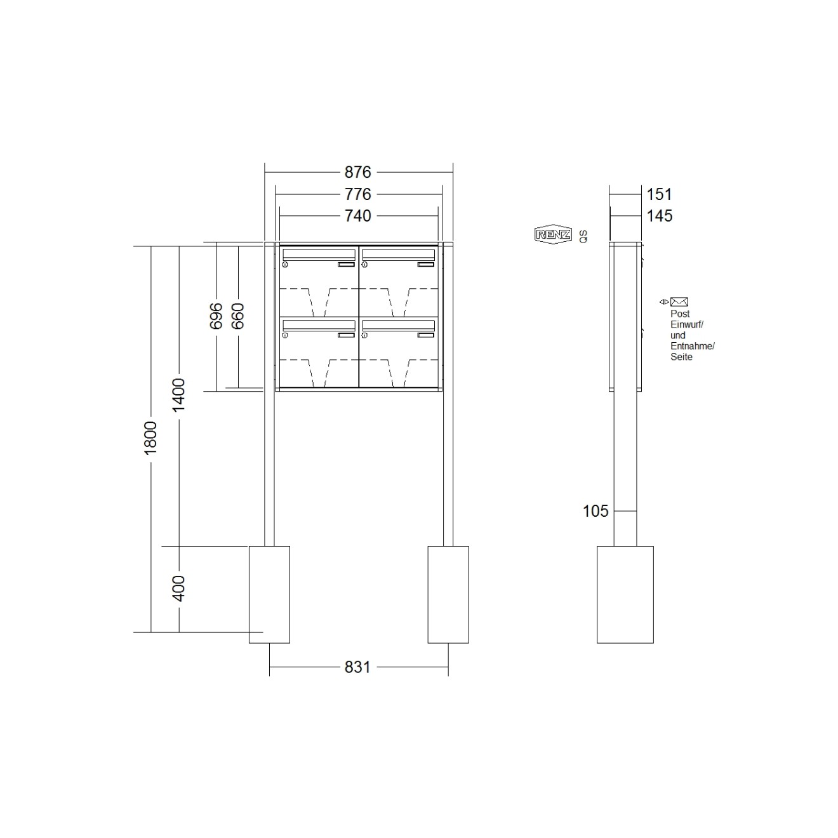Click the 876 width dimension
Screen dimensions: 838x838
357,172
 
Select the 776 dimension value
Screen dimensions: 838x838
357,194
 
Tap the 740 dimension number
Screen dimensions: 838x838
357,216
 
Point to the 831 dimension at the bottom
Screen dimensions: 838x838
357,667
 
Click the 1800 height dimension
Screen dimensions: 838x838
150,438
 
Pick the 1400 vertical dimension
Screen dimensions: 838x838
179,396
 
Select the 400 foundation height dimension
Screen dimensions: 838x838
179,589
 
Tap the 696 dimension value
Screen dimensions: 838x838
216,316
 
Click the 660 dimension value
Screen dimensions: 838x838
237,316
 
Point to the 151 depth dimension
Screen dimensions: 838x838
659,194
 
